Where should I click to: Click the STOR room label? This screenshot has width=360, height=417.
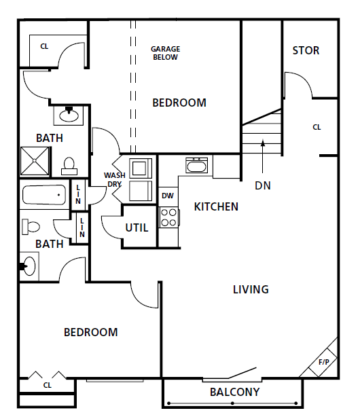tap(306, 51)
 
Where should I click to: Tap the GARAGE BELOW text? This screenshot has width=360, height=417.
tap(164, 53)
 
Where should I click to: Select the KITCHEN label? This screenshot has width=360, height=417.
tap(216, 206)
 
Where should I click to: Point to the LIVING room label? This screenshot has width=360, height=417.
tap(251, 289)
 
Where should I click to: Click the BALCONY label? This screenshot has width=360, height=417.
tap(234, 392)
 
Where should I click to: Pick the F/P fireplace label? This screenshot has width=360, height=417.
tap(324, 363)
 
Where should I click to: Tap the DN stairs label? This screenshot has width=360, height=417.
tap(263, 185)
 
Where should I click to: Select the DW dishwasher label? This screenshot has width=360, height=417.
tap(168, 196)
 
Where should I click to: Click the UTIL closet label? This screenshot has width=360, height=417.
tap(137, 228)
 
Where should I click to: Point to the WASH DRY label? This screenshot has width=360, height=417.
tap(114, 179)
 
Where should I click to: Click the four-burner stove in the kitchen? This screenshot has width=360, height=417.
tap(168, 217)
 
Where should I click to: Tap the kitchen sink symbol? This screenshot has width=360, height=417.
tap(197, 166)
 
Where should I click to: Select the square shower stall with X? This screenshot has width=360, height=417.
tap(33, 161)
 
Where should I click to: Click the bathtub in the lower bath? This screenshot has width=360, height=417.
tap(44, 197)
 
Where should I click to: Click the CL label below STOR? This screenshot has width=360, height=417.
tap(317, 127)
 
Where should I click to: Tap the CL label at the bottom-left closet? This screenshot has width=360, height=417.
tap(47, 385)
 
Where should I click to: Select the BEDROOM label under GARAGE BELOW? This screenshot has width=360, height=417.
tap(179, 103)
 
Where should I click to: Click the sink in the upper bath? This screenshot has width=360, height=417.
tap(69, 115)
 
